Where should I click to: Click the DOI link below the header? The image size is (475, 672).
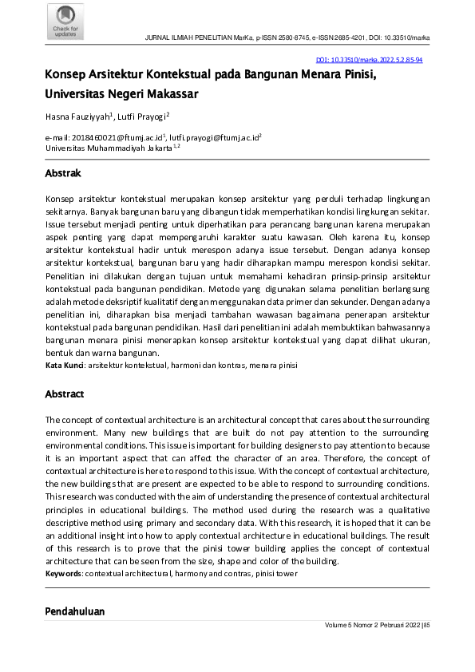click(x=370, y=60)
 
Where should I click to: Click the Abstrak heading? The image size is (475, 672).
click(x=63, y=173)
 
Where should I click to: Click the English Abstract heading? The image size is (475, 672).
click(x=65, y=394)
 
